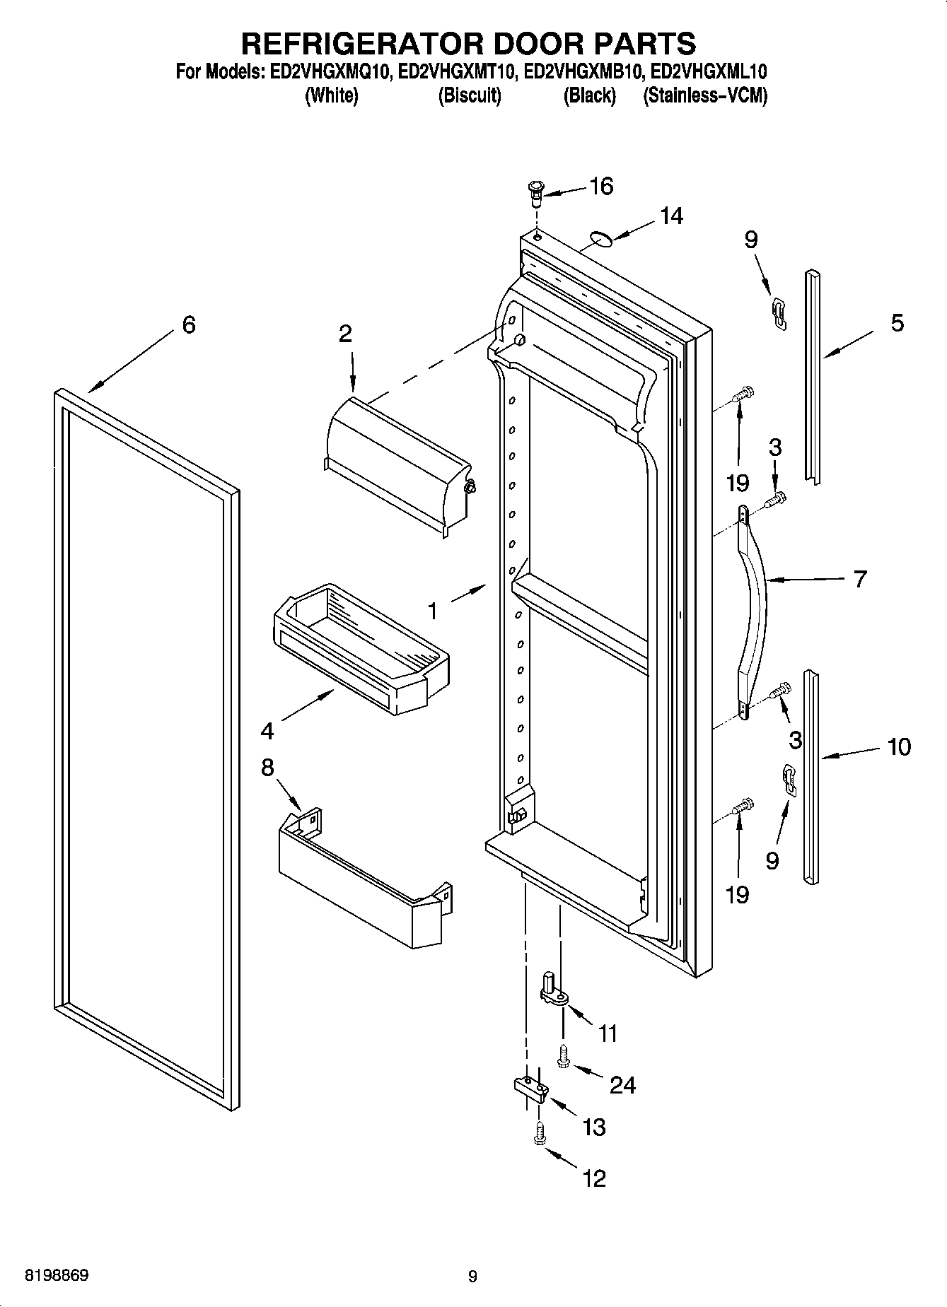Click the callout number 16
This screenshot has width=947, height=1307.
point(601,187)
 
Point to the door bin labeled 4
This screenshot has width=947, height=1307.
point(361,647)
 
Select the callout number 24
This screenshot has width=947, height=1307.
point(622,1084)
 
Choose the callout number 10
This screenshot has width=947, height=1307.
point(899,746)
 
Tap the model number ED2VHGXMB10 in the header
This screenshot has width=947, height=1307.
point(583,71)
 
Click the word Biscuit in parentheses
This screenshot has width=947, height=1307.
point(470,95)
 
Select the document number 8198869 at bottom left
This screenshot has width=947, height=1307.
point(57,1276)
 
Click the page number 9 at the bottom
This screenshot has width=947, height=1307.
point(472,1276)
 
